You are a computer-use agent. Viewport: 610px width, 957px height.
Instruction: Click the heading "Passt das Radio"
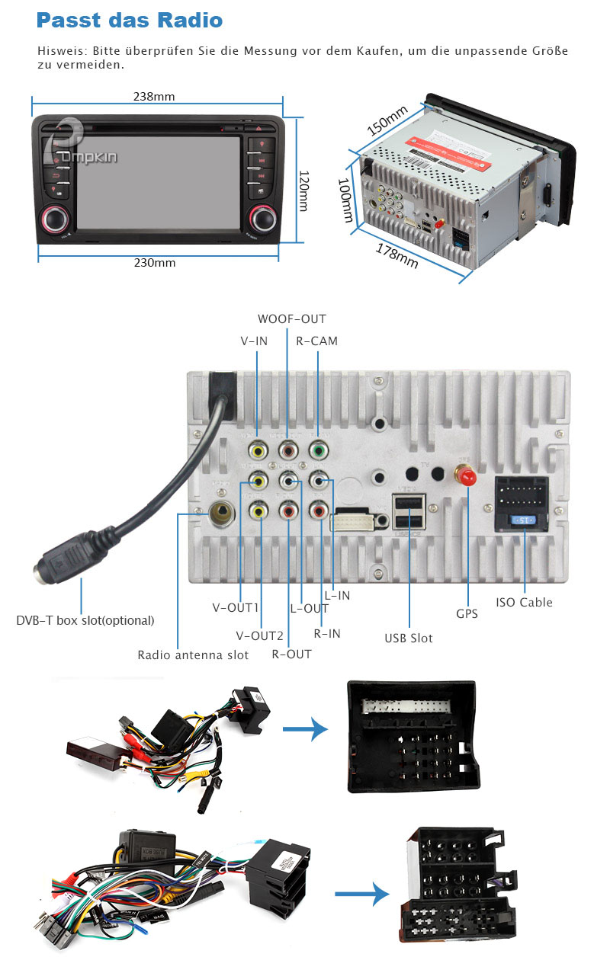(130, 21)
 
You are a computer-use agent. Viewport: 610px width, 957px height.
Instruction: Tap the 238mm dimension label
(154, 97)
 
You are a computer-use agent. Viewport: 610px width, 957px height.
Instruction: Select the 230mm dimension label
(155, 263)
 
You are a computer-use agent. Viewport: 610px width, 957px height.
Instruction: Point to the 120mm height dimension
(303, 190)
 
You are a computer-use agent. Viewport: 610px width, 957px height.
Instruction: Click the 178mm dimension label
(396, 254)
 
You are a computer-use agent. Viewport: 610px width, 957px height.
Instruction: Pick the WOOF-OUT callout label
(291, 319)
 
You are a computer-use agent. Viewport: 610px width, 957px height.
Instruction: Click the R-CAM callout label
(316, 341)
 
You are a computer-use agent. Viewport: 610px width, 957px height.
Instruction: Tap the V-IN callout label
(254, 341)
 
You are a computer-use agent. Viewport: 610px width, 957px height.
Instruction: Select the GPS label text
(467, 613)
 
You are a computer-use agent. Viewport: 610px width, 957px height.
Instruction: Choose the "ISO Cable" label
(524, 603)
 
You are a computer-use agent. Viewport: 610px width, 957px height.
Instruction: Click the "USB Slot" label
(408, 638)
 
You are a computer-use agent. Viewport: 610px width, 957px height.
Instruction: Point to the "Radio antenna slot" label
(193, 655)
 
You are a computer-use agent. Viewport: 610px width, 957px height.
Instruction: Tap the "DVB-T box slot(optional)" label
(85, 620)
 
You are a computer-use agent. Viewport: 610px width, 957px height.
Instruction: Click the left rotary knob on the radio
(55, 219)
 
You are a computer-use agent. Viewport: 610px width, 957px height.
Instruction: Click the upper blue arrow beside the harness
(305, 731)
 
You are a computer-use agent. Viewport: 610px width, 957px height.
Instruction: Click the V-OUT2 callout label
(260, 636)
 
